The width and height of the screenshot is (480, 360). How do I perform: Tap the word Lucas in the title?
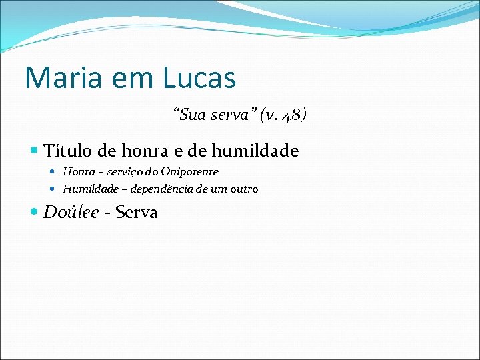(198, 78)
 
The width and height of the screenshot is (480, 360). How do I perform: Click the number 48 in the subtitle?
(291, 116)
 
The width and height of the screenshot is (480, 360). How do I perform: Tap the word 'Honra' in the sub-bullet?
(76, 172)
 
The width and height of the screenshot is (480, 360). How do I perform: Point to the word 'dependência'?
(161, 189)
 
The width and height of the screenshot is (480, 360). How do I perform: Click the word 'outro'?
(244, 189)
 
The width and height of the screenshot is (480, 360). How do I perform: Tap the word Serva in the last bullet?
(137, 213)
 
